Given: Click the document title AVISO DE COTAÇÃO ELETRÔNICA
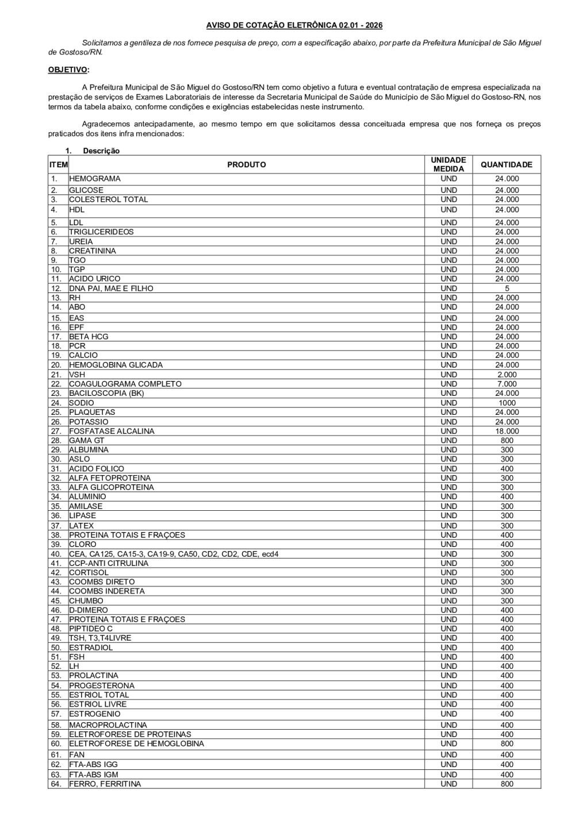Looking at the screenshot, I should coord(294,26).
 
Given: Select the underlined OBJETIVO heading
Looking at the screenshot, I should coord(68,70).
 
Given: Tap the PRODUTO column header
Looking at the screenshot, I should coord(246,165).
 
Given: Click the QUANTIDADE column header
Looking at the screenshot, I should coord(506,165).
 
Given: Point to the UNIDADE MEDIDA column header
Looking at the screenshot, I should coord(448,165).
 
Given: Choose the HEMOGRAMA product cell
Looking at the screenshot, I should coord(95,179).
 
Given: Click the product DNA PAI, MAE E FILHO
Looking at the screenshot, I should coord(111,288).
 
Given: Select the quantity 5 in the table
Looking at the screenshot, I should coord(507,288).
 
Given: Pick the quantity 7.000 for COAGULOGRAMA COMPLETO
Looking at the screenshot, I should coord(507,384).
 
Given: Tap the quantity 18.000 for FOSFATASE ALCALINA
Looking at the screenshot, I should coord(507,431).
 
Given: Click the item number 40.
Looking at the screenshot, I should coord(56,554).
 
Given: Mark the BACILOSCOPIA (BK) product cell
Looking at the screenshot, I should coord(106,393).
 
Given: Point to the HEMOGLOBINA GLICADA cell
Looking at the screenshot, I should coord(116,365).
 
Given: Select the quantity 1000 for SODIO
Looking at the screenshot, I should coord(507,403).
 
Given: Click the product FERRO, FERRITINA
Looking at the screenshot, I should coord(105,784).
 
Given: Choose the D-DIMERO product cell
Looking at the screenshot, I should coord(89,610).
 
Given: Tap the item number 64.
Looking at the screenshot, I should coord(56,784).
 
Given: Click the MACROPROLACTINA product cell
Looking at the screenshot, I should coord(108,725).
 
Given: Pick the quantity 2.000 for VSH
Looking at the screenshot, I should coord(507,375).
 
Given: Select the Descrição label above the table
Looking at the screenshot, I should coord(101,151).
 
